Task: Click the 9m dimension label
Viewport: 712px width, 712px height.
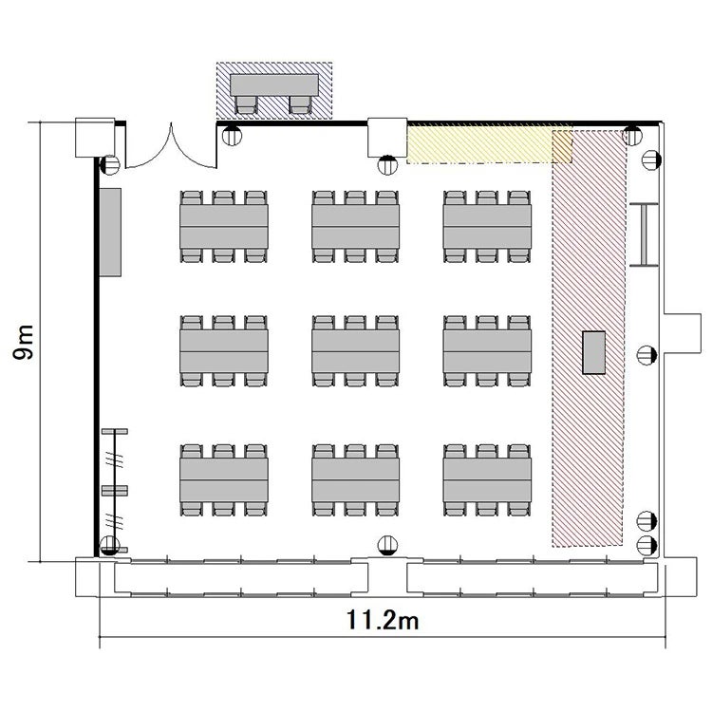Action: [24, 343]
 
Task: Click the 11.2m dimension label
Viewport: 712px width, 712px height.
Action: [383, 620]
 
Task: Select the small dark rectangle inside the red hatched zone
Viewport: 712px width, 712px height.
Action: [594, 352]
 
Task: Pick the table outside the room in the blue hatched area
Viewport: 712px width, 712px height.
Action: [273, 84]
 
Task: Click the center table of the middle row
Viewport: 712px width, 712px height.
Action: [356, 351]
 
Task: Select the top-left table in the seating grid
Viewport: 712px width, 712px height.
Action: [224, 227]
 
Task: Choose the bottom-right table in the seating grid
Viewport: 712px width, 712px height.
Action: [487, 480]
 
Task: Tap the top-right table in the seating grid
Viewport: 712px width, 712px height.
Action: [487, 227]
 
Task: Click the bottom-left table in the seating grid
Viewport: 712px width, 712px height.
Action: [224, 480]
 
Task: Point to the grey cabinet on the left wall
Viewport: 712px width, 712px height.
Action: [110, 233]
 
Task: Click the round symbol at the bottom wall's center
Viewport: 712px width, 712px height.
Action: [387, 545]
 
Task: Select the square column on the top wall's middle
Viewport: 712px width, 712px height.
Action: [387, 138]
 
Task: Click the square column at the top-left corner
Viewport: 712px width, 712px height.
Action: [95, 138]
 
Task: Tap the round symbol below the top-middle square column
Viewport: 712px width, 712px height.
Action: [387, 165]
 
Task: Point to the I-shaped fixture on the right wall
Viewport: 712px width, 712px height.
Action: [644, 234]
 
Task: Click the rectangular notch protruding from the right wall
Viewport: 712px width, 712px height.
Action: [683, 333]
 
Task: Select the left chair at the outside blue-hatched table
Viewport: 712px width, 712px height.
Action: [246, 104]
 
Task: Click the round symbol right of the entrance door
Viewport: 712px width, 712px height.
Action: [232, 136]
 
